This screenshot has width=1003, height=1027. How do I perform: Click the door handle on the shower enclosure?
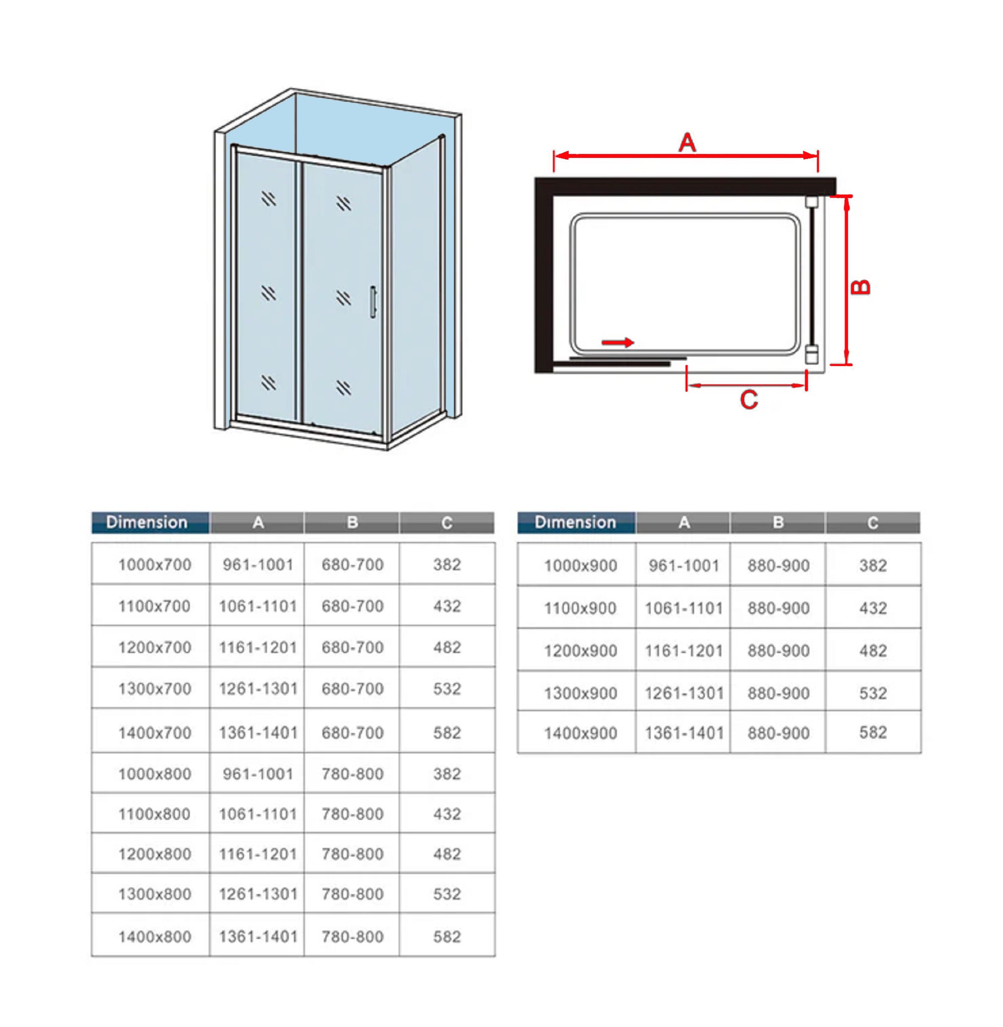(x=373, y=302)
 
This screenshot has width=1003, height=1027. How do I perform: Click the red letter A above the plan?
(x=687, y=142)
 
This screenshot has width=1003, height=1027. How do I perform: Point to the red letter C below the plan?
(x=749, y=400)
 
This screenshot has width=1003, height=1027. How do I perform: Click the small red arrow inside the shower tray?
(x=618, y=343)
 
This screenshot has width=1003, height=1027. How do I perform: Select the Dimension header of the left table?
(x=147, y=523)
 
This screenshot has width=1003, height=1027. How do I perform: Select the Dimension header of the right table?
(x=575, y=523)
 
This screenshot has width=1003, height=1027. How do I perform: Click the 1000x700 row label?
(x=154, y=565)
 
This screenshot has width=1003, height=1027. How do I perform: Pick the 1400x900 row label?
(x=580, y=734)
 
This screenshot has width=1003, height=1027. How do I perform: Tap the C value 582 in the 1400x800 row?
(x=447, y=937)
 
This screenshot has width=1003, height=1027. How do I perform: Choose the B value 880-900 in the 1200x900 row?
(x=778, y=651)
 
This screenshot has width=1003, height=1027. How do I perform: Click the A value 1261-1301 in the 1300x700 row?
(x=258, y=689)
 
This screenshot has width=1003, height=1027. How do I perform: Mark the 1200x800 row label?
(x=154, y=854)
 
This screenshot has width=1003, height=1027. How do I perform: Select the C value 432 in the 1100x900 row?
(x=873, y=608)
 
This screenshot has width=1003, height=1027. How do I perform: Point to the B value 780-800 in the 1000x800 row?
(x=353, y=774)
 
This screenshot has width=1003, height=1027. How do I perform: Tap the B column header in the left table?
(x=353, y=523)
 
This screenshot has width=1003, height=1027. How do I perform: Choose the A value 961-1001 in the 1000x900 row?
(x=684, y=566)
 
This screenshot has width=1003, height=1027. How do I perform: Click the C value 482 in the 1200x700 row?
(x=447, y=647)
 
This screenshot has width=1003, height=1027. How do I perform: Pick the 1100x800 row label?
(x=154, y=814)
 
